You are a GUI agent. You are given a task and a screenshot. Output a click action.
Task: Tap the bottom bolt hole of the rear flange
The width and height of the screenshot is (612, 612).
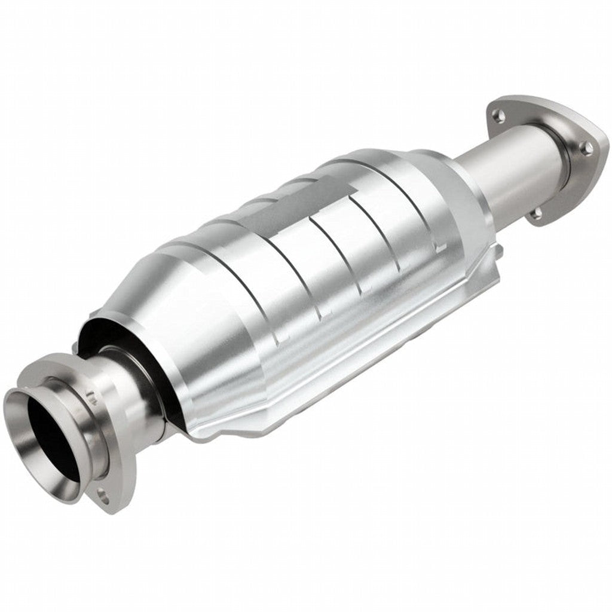tap(536, 213)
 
